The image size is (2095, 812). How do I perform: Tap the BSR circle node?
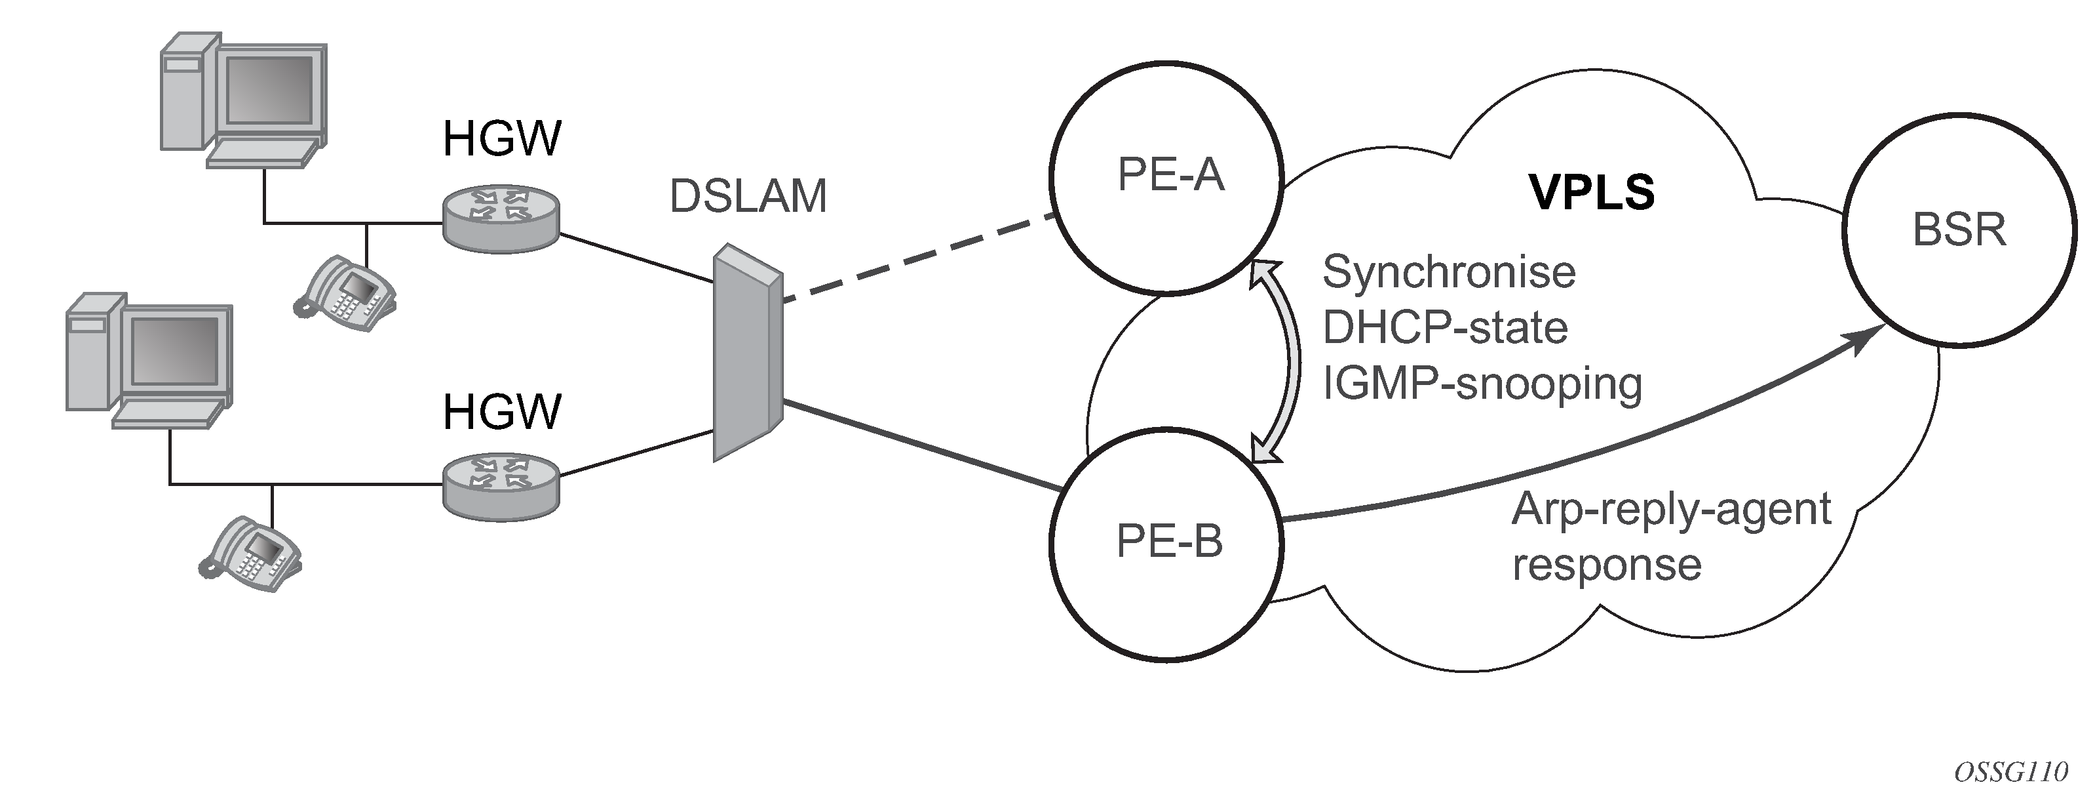pyautogui.click(x=1958, y=230)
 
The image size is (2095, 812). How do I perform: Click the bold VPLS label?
pyautogui.click(x=1592, y=193)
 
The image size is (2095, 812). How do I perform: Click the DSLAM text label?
pyautogui.click(x=748, y=196)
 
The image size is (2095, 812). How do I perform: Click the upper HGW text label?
pyautogui.click(x=502, y=138)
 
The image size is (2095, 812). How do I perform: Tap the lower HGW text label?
pyautogui.click(x=502, y=412)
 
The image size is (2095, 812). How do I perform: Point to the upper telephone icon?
pyautogui.click(x=345, y=293)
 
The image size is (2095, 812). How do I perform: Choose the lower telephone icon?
pyautogui.click(x=250, y=554)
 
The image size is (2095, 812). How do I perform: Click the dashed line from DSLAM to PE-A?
pyautogui.click(x=917, y=258)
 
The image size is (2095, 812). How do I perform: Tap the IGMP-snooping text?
pyautogui.click(x=1482, y=383)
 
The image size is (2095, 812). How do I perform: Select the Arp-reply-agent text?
pyautogui.click(x=1671, y=510)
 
